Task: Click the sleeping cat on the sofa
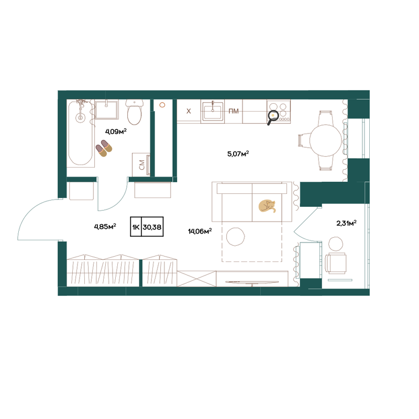pos(267,206)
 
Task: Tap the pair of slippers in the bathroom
pos(104,148)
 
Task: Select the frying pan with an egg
pos(272,117)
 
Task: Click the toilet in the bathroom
pos(134,113)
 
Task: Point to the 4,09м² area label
pos(116,131)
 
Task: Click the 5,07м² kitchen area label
pos(238,154)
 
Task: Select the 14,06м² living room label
pos(200,231)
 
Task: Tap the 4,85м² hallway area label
pos(105,227)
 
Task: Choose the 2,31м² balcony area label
pos(346,223)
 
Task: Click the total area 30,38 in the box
pos(152,227)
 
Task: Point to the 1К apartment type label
pos(136,227)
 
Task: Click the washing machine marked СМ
pos(141,164)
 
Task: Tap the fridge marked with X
pos(189,111)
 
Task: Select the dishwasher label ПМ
pos(234,111)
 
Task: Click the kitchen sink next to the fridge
pos(213,112)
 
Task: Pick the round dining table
pos(326,140)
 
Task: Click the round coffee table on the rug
pos(235,237)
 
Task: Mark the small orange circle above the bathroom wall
pos(162,105)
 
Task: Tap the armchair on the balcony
pos(336,263)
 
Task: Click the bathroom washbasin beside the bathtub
pos(106,109)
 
